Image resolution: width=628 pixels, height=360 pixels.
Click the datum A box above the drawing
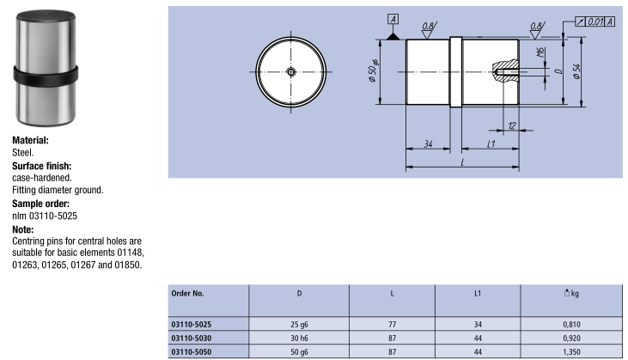(393, 19)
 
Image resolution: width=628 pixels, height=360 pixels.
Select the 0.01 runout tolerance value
(595, 21)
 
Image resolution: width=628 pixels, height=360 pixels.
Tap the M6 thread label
(540, 52)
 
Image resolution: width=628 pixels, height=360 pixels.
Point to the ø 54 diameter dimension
(576, 71)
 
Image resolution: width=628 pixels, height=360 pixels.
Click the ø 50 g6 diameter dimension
(373, 70)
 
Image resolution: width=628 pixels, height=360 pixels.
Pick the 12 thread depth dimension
(512, 125)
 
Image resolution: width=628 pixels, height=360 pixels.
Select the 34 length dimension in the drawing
(428, 143)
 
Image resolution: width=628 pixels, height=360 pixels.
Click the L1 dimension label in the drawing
(491, 143)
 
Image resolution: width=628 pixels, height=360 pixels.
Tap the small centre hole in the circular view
(291, 72)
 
